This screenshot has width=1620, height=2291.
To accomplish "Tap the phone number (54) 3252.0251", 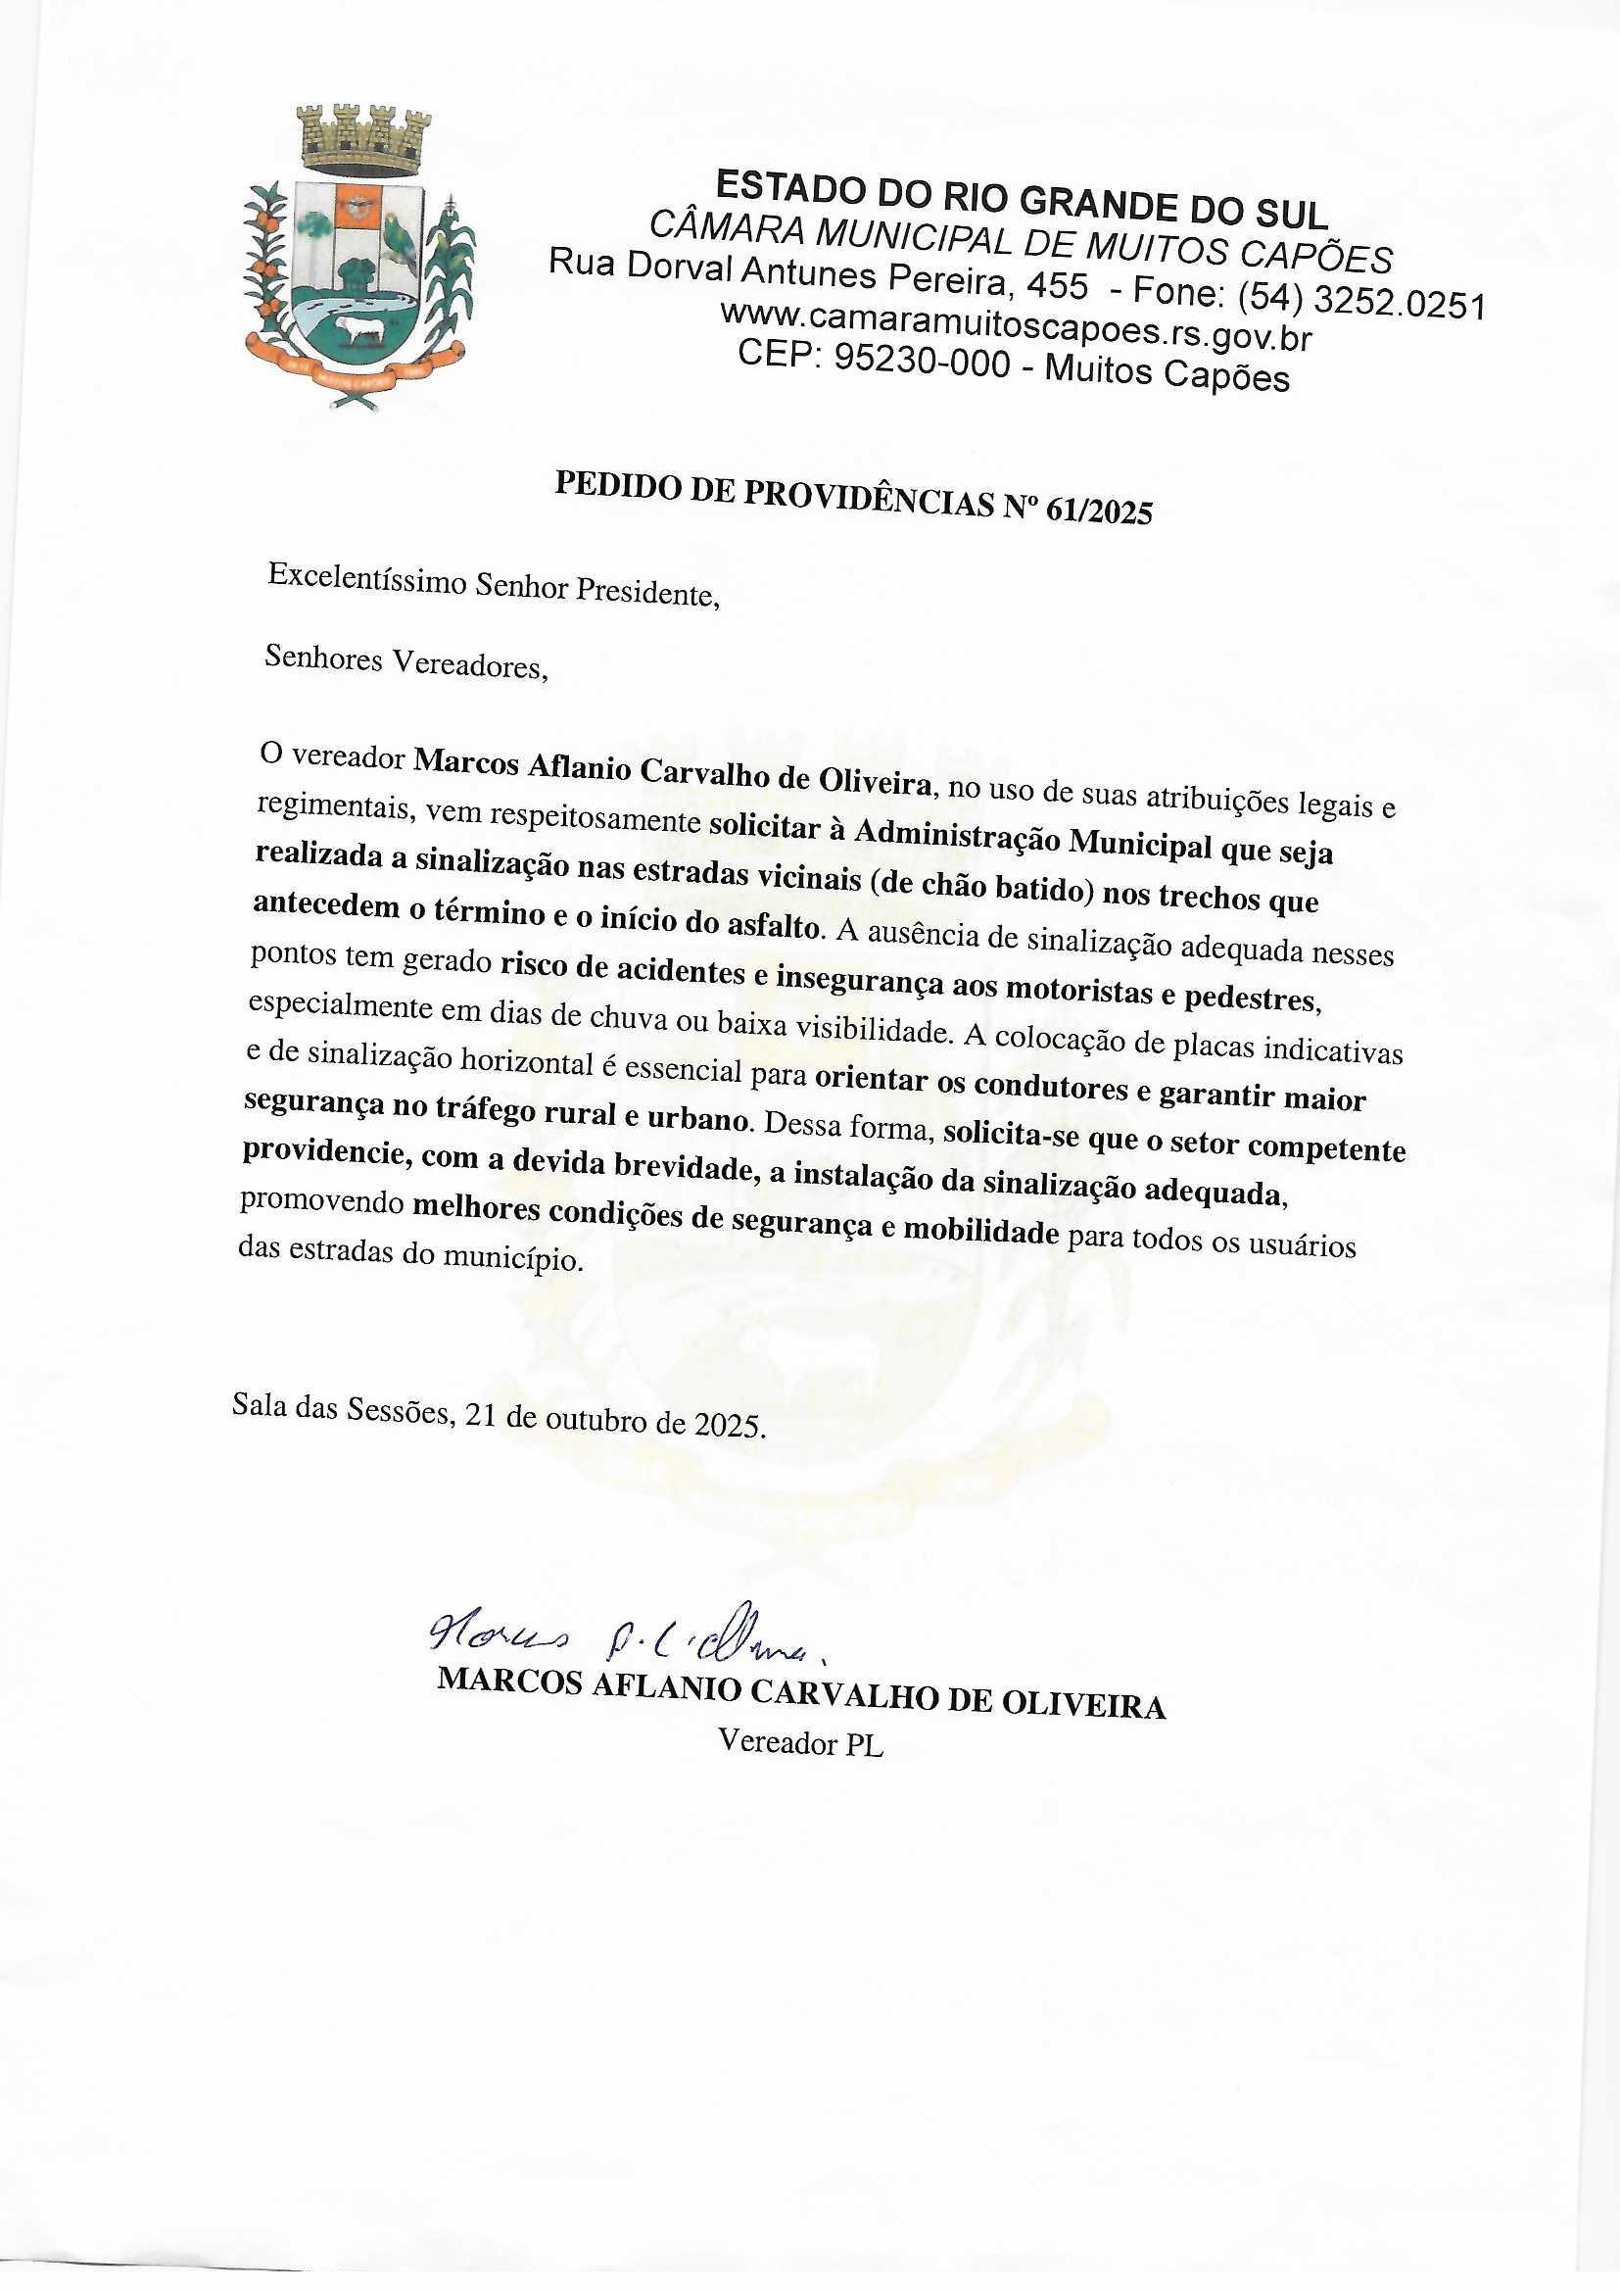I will pyautogui.click(x=1359, y=299).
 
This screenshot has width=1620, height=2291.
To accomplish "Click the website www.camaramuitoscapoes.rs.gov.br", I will pyautogui.click(x=1015, y=324).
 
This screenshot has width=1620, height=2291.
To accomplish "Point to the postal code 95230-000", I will pyautogui.click(x=922, y=363).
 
